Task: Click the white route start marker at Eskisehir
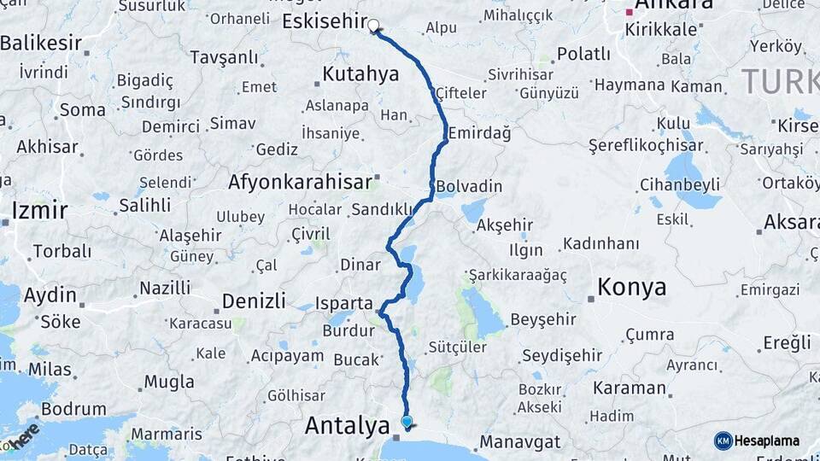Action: [x=373, y=26]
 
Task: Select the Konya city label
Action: [x=632, y=288]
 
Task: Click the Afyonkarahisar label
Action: [x=300, y=182]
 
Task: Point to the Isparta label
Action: [x=344, y=303]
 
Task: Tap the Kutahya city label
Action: [x=361, y=74]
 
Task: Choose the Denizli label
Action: [x=254, y=301]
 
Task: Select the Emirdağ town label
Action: [x=479, y=133]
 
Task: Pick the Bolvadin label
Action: [x=469, y=186]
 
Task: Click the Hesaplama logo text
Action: [x=767, y=441]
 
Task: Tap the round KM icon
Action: [x=723, y=441]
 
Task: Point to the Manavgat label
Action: [x=519, y=442]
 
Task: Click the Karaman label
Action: [x=631, y=388]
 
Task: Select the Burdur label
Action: [x=348, y=330]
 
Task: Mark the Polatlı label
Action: [x=583, y=55]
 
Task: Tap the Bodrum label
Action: [x=73, y=409]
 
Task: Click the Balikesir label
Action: [x=41, y=43]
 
